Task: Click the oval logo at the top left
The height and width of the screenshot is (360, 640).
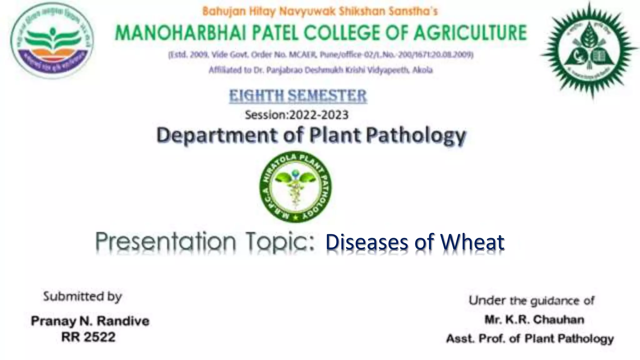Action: tap(52, 40)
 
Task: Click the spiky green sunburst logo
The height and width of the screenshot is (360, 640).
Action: tap(589, 50)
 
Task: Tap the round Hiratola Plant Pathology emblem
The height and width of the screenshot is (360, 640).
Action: tap(296, 187)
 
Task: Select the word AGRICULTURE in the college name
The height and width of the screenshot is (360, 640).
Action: tap(470, 33)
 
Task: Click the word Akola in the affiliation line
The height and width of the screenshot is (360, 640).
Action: tap(422, 70)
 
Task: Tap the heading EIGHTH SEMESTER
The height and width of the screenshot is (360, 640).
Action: tap(298, 96)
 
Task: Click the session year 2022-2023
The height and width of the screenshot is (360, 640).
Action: tap(319, 115)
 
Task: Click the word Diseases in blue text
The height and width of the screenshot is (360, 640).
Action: tap(367, 242)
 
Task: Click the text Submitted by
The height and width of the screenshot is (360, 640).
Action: tap(82, 296)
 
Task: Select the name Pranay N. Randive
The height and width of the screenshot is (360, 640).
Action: tap(90, 321)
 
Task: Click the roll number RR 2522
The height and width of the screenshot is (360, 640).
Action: tap(88, 337)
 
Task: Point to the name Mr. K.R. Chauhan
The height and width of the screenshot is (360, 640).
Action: tap(534, 320)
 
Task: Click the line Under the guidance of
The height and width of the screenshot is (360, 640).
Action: tap(531, 301)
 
